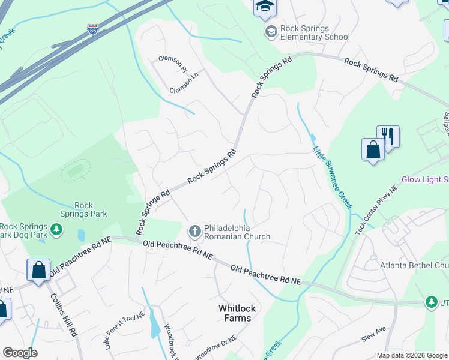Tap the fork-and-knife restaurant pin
click(388, 137)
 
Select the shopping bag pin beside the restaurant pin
click(373, 149)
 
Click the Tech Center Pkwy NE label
click(376, 210)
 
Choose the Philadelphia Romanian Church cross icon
click(194, 230)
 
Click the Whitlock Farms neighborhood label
click(237, 313)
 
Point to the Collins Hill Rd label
click(63, 313)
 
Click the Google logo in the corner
click(20, 353)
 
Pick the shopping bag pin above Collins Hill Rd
click(38, 271)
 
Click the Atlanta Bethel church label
click(414, 265)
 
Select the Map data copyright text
click(411, 355)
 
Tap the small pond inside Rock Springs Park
click(81, 235)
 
